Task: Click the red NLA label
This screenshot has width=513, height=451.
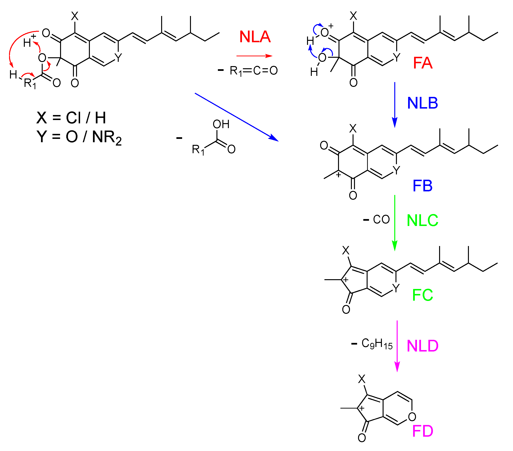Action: pyautogui.click(x=255, y=37)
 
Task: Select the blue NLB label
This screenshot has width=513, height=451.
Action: pyautogui.click(x=422, y=103)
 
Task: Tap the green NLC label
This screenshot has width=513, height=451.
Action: pyautogui.click(x=422, y=220)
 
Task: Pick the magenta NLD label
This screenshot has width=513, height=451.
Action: pyautogui.click(x=422, y=346)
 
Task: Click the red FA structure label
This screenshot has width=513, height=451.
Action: pyautogui.click(x=423, y=63)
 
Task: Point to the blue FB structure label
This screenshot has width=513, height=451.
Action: pyautogui.click(x=423, y=186)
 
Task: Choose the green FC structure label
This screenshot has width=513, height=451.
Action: pyautogui.click(x=423, y=295)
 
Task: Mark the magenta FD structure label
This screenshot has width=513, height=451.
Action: pyautogui.click(x=423, y=431)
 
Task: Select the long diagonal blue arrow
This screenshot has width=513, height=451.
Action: pyautogui.click(x=236, y=117)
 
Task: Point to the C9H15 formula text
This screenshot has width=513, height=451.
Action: pyautogui.click(x=377, y=344)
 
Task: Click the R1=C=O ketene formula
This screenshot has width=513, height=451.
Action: pyautogui.click(x=253, y=71)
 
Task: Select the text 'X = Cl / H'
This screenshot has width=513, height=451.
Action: pyautogui.click(x=71, y=118)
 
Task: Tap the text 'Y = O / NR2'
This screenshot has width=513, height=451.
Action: pyautogui.click(x=79, y=137)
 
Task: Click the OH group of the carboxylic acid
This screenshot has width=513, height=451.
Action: pyautogui.click(x=221, y=124)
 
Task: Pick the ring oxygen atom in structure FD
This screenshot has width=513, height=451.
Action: pyautogui.click(x=412, y=417)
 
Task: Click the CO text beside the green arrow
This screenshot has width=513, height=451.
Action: pyautogui.click(x=381, y=220)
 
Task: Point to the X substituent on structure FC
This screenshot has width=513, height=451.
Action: pyautogui.click(x=346, y=250)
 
